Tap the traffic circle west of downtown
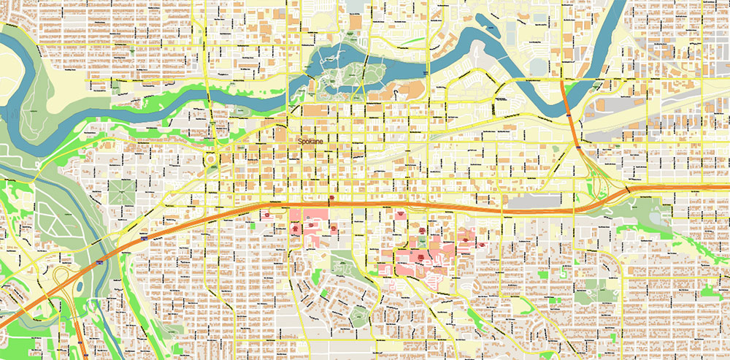point(212,158)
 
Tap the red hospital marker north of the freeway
point(333,198)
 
